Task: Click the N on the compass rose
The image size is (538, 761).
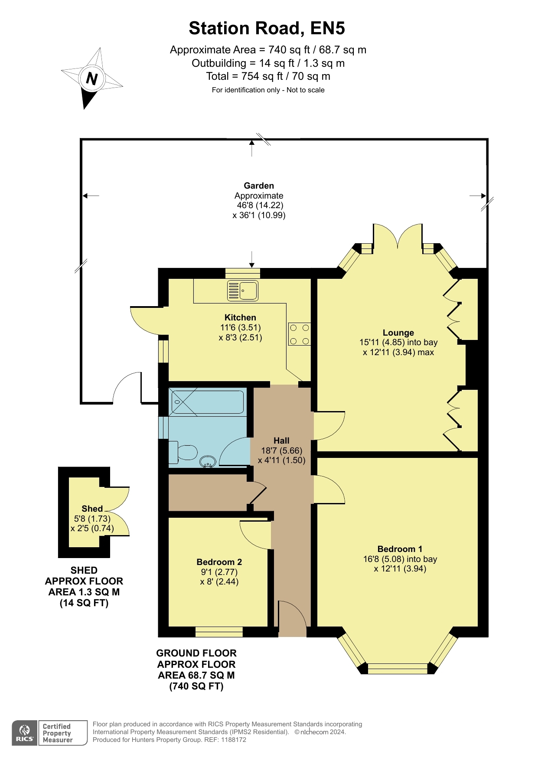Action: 91,78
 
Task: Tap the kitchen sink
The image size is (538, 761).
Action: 243,291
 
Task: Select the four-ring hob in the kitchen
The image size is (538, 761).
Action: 300,334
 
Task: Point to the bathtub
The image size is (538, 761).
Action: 207,402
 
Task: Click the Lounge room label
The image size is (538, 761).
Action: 398,333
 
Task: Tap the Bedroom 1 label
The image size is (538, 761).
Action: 400,549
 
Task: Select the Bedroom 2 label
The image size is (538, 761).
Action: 219,562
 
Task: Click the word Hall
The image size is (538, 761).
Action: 281,441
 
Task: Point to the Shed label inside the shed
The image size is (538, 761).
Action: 92,509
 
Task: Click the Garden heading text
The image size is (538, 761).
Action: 259,186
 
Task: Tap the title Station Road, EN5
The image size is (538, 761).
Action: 267,28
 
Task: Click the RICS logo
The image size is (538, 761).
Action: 25,733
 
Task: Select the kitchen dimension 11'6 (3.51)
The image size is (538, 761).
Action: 241,327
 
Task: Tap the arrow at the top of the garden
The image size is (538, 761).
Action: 252,148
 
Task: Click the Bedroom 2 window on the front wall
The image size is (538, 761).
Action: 219,632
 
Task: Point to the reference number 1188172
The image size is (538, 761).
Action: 234,740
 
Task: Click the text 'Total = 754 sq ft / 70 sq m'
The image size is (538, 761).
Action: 268,76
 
